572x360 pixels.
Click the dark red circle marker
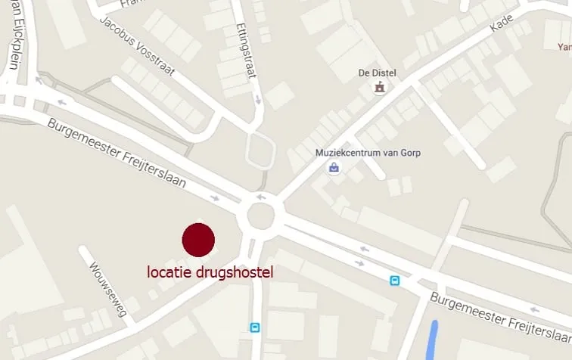[198, 240]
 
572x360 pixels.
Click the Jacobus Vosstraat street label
[136, 48]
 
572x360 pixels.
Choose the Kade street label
[501, 24]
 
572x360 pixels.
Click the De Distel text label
[376, 73]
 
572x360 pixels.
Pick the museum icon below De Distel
[379, 88]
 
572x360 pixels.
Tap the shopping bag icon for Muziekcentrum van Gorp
[334, 168]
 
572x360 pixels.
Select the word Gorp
[411, 153]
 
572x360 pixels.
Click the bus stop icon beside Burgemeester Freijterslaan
[394, 281]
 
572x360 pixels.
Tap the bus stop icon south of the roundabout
[255, 327]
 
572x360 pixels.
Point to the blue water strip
[433, 340]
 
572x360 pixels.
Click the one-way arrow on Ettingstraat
[258, 98]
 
